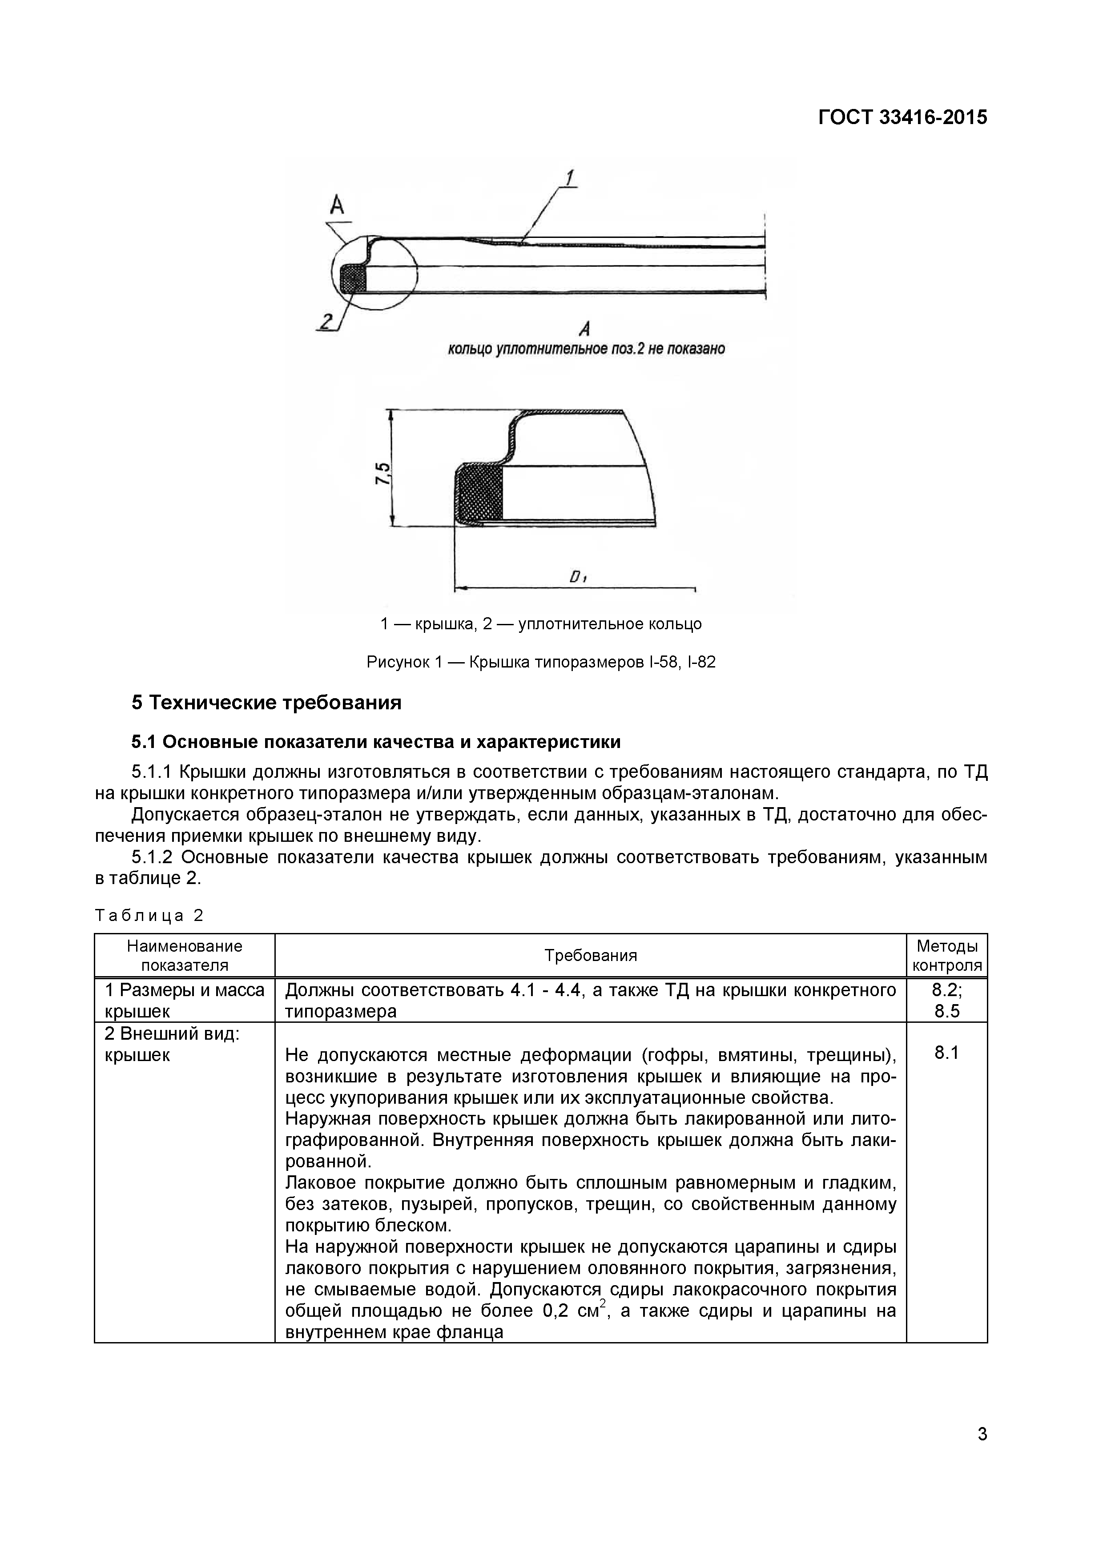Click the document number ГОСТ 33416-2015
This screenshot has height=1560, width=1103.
click(x=902, y=117)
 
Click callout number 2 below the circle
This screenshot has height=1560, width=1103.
click(x=327, y=321)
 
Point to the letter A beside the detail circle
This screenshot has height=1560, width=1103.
click(x=338, y=204)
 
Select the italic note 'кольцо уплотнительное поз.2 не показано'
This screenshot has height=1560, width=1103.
click(x=586, y=349)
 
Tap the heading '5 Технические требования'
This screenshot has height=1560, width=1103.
click(x=266, y=703)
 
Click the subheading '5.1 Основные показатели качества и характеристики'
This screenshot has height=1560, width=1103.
click(x=376, y=742)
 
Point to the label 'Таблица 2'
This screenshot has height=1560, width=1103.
click(x=149, y=916)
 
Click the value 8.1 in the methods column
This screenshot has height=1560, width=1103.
click(x=947, y=1053)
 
